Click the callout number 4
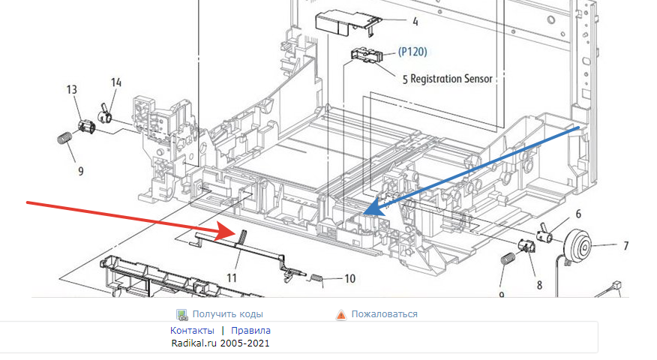pyautogui.click(x=415, y=22)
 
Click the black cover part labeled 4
pyautogui.click(x=340, y=21)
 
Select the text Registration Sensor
pyautogui.click(x=451, y=78)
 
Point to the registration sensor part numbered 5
pyautogui.click(x=365, y=56)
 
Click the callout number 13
pyautogui.click(x=72, y=90)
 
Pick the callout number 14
pyautogui.click(x=116, y=82)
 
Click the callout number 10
pyautogui.click(x=349, y=278)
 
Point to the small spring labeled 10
pyautogui.click(x=317, y=279)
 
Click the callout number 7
pyautogui.click(x=625, y=245)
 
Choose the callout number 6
pyautogui.click(x=577, y=214)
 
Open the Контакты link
pyautogui.click(x=192, y=330)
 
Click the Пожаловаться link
pyautogui.click(x=384, y=314)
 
